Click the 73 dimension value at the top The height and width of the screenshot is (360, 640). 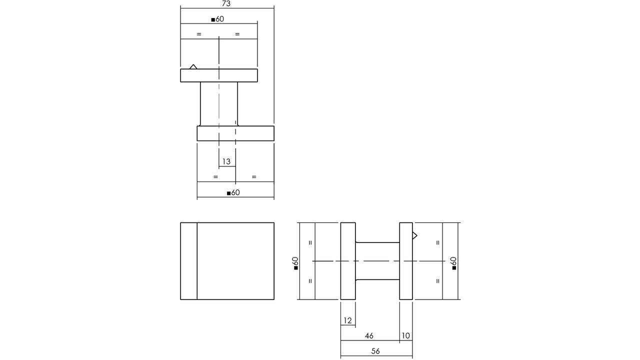coord(226,3)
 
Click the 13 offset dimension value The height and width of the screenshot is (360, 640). coord(226,161)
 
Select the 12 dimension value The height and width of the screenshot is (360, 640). coord(347,320)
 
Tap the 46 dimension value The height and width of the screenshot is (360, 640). coord(369,335)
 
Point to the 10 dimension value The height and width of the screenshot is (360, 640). coord(405,335)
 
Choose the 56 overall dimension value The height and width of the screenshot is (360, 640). coord(375,351)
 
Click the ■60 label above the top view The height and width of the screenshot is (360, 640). coord(217,19)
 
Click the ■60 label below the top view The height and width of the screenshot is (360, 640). coord(233,192)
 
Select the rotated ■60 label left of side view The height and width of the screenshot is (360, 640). coord(295,263)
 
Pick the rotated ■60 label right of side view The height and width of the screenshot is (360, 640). coord(453,263)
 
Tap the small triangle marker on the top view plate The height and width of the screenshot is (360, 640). coord(193,67)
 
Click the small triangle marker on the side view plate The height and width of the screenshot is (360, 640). coord(414,235)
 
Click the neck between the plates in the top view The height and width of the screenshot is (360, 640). coord(219,104)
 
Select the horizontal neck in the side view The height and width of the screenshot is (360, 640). coord(377,261)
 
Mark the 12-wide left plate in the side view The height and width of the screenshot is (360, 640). coord(348,261)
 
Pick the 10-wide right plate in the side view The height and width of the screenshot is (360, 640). coord(406,261)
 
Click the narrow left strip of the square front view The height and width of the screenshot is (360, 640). coord(189,261)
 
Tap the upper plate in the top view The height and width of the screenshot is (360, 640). coord(219,75)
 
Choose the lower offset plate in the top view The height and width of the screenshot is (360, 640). coord(235,133)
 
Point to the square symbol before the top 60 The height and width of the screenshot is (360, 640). coord(213,20)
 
